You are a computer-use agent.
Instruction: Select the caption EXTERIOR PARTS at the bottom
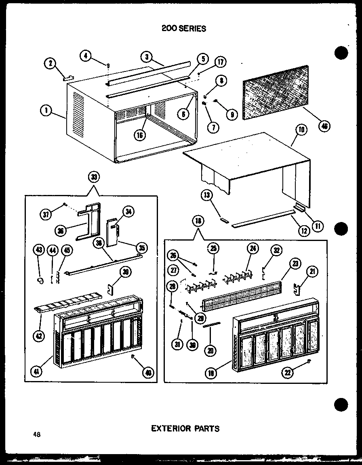[185, 428]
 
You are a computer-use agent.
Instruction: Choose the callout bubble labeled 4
[85, 56]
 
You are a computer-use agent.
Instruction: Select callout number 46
[324, 126]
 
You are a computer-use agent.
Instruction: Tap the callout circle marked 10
[301, 130]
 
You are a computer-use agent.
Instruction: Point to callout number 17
[220, 62]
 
